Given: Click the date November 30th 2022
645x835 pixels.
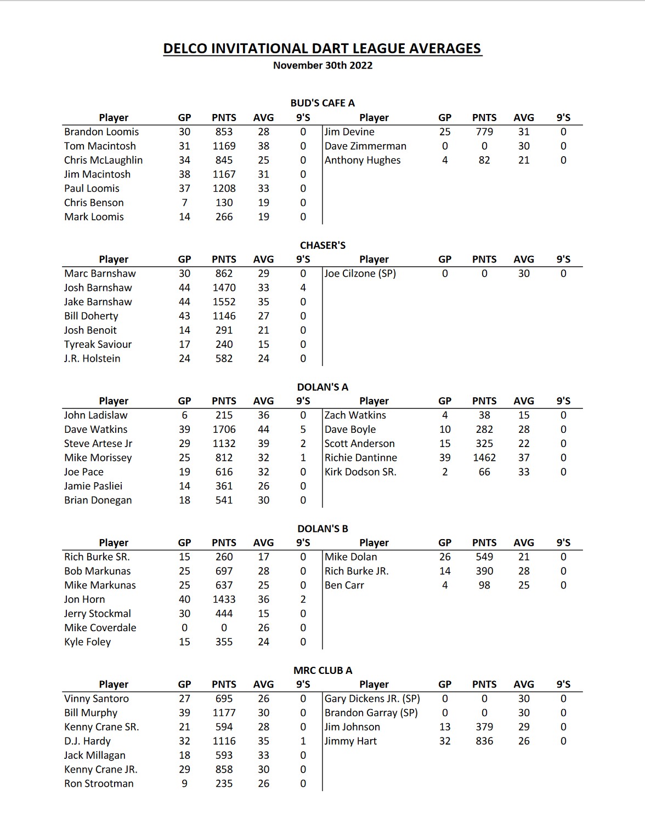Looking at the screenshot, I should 322,65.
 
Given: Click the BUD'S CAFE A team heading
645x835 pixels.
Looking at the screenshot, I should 322,103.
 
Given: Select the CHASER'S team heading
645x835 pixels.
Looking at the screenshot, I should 322,245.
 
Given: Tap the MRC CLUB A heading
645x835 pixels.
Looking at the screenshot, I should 322,670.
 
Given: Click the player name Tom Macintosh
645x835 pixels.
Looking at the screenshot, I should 100,146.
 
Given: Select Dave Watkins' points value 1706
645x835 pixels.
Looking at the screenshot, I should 224,429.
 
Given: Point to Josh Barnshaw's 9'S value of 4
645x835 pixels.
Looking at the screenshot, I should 303,288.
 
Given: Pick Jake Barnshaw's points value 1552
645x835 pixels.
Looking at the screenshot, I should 224,302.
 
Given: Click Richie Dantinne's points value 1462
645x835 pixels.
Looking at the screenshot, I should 484,457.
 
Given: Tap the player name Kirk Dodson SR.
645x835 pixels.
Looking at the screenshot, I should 360,472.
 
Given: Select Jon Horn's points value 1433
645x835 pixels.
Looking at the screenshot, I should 224,599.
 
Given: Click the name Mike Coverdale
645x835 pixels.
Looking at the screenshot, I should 100,628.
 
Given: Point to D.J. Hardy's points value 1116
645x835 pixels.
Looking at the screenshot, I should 224,741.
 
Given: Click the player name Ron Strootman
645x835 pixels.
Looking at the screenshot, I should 99,783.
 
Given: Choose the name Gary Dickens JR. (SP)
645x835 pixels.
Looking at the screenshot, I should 372,699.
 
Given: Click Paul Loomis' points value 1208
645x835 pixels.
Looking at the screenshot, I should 224,188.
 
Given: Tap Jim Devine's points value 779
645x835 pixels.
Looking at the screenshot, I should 484,131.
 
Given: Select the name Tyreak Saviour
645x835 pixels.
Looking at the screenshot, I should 98,344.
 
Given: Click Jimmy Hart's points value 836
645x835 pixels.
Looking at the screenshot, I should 484,741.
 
